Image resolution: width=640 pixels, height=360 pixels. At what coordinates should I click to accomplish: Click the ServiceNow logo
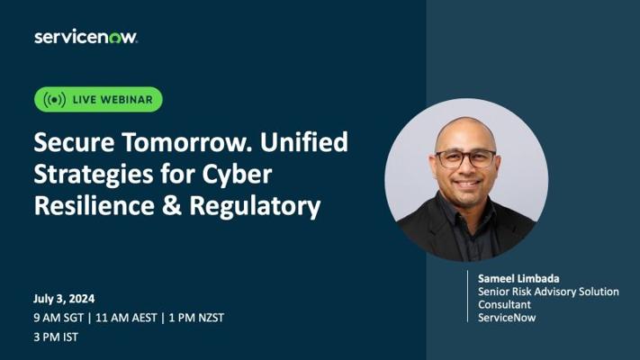pos(86,37)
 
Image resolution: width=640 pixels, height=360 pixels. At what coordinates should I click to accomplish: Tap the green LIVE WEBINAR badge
pos(98,99)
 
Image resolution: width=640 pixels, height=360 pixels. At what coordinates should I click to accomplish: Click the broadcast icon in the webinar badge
pos(55,100)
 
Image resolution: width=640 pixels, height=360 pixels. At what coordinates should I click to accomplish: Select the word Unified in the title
pos(304,141)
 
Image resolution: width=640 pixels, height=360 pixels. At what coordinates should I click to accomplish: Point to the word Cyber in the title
pos(237,174)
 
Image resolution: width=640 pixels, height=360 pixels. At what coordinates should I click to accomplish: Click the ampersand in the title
pos(171,205)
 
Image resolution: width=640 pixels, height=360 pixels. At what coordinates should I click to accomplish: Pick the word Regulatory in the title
pos(255,206)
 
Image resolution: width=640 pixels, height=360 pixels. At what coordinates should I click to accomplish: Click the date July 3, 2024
pos(64,299)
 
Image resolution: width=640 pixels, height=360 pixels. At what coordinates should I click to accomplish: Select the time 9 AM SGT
pos(59,318)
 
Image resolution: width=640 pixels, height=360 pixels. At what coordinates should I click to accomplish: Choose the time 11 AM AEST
pos(126,318)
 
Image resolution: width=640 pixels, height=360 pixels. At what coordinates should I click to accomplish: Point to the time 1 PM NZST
pos(196,318)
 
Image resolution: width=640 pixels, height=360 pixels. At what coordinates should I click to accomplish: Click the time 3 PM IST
pos(56,337)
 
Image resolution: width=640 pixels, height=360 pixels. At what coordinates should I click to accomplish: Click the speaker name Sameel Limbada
pos(518,279)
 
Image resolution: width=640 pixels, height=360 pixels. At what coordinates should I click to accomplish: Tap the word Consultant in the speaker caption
pos(504,304)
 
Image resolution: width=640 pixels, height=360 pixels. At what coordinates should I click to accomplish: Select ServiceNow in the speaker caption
pos(507,318)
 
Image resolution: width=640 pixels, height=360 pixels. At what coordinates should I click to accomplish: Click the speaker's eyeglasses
pos(465,158)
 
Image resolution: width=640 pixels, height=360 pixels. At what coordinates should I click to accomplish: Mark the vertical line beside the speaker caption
pos(468,296)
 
